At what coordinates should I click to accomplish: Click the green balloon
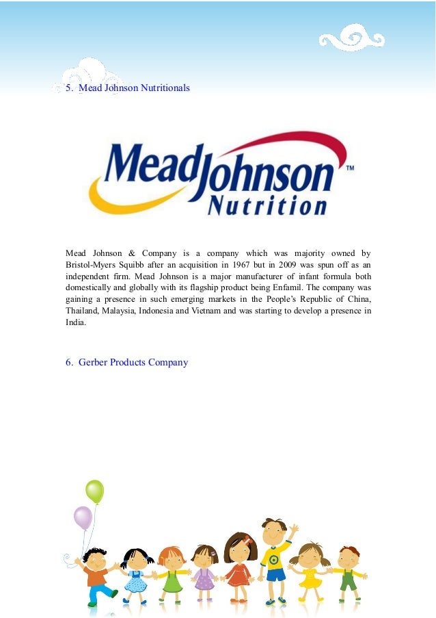(x=94, y=491)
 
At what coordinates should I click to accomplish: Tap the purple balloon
(x=83, y=517)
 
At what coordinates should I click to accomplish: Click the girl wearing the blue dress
(x=137, y=571)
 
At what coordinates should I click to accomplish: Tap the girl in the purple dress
(x=204, y=571)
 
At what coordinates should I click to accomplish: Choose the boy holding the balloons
(x=97, y=575)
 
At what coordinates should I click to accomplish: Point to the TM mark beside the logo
(x=350, y=168)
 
